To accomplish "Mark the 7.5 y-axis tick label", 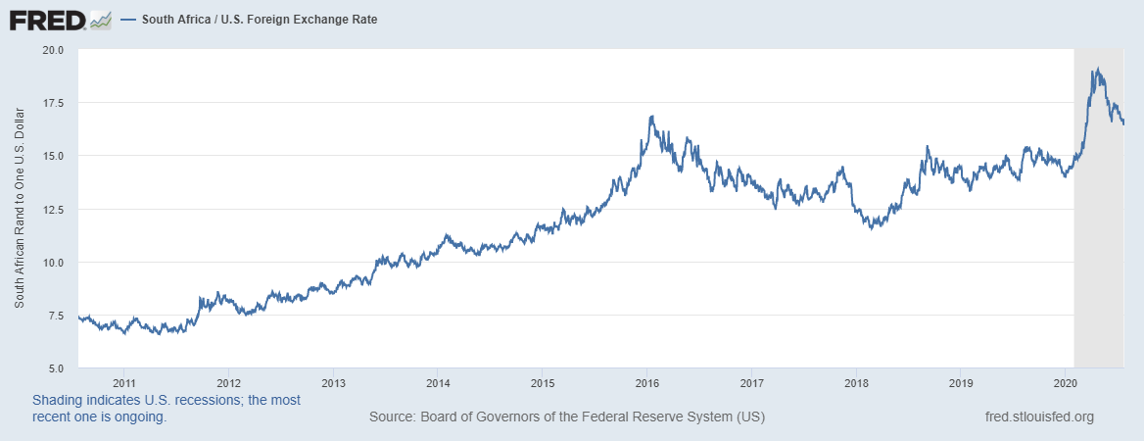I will pos(55,316).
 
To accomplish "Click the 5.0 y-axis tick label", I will pos(55,368).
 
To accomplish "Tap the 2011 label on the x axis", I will pos(123,383).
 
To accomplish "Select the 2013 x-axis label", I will pos(333,383).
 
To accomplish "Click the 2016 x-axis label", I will pos(646,383).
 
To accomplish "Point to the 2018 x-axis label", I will pos(856,383).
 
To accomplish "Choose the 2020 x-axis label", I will pos(1066,383).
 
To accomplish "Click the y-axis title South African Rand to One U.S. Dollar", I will pos(19,209).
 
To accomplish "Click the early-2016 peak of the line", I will pos(651,117).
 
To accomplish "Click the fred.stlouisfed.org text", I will pos(1038,417).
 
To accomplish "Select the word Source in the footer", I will pos(391,417).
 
